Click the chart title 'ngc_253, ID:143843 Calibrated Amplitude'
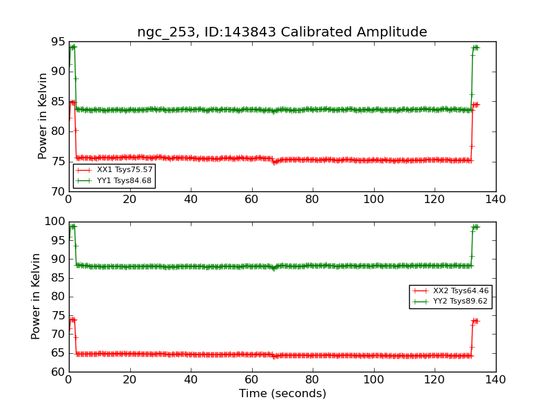point(282,32)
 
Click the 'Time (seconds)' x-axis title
point(282,394)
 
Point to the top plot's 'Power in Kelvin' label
point(43,116)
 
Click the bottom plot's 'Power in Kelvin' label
point(36,296)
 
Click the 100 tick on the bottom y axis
point(55,222)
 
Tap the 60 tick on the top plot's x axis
point(251,200)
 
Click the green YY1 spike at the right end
point(475,47)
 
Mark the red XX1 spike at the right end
point(475,105)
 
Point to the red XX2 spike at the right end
point(475,321)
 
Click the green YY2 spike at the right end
point(475,226)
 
